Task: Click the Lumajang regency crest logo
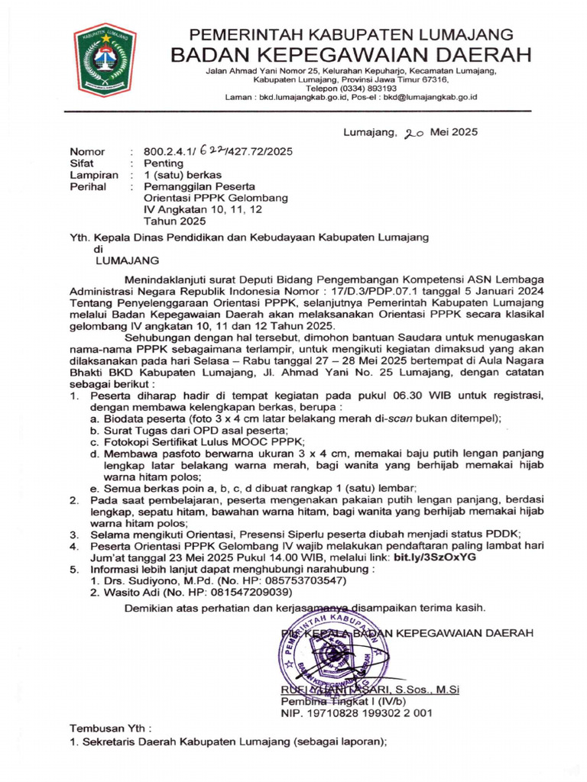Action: (105, 60)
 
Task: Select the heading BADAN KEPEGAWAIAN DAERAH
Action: (351, 54)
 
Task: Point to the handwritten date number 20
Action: (414, 132)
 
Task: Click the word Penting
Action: (164, 163)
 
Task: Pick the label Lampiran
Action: (94, 174)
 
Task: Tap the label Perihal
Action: (87, 186)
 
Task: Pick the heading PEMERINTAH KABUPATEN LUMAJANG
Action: (351, 34)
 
